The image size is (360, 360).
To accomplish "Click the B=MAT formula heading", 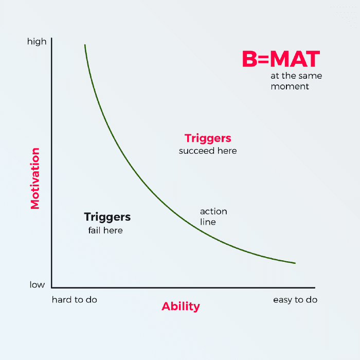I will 281,59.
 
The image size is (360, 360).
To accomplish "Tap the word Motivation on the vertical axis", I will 35,178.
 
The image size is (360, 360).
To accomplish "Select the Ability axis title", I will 181,307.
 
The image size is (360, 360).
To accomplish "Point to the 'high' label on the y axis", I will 37,42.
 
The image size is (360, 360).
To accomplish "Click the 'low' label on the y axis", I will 37,285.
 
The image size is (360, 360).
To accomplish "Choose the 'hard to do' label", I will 75,299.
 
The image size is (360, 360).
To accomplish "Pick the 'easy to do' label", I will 295,299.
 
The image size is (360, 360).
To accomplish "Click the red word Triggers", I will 208,138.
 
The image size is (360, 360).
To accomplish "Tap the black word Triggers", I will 107,217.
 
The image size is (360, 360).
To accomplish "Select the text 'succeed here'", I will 208,151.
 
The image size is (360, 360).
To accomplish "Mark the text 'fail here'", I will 105,230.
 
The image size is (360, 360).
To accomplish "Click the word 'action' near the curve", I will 213,211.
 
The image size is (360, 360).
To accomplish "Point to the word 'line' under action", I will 208,222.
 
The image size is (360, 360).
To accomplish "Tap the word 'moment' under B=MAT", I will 290,86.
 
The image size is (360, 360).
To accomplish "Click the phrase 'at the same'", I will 296,76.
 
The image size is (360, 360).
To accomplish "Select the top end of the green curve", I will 85,45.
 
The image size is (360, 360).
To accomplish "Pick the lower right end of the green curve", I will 295,263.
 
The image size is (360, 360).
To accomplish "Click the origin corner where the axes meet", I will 52,287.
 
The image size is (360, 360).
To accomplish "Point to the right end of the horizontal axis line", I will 314,287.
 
